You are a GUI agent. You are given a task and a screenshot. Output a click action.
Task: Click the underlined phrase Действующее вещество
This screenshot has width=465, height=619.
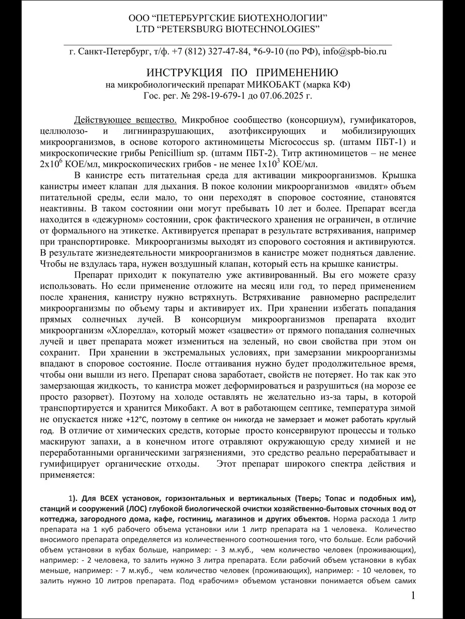(125, 120)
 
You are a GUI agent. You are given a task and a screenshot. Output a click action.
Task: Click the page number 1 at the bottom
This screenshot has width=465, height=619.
(413, 596)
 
